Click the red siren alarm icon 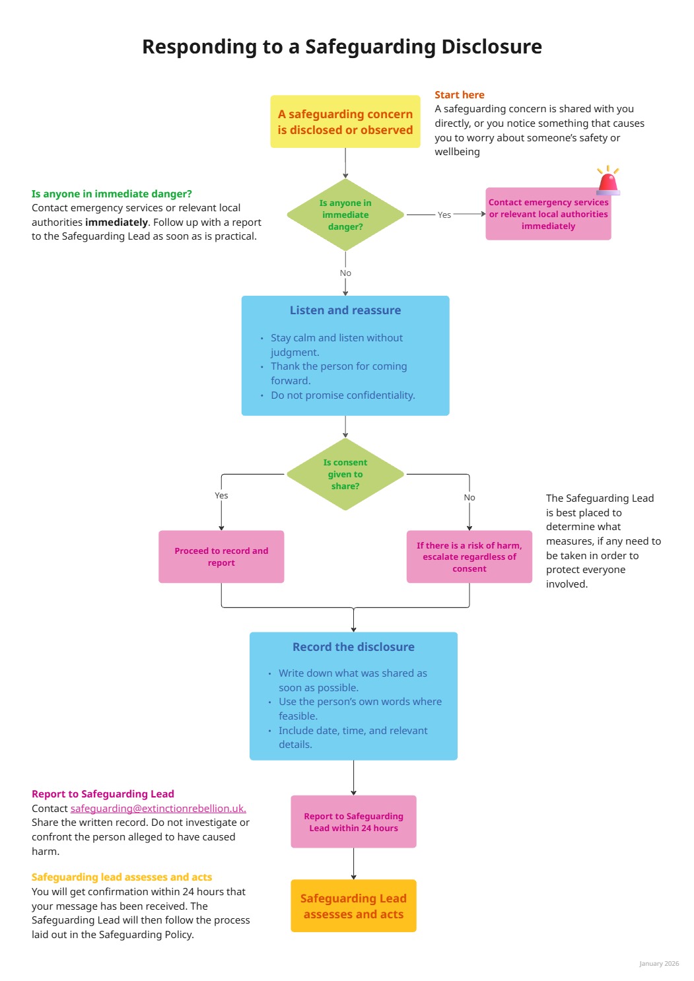[607, 181]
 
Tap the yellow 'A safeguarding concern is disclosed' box [345, 122]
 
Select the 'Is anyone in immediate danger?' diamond [345, 215]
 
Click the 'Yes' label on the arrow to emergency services [444, 215]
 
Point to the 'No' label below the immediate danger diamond [345, 273]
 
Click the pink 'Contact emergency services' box [548, 215]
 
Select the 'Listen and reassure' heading [345, 310]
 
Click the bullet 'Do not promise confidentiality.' [343, 395]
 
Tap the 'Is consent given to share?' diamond [345, 474]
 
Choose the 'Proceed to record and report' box [221, 557]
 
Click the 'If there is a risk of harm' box [469, 557]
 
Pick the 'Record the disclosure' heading [353, 647]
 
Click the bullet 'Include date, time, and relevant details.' [353, 737]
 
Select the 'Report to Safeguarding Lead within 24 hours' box [353, 822]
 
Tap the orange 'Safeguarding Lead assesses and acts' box [353, 906]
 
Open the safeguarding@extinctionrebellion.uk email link [158, 809]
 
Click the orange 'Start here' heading [459, 95]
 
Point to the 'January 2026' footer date [658, 964]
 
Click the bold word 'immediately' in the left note [116, 222]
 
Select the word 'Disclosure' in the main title [491, 47]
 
